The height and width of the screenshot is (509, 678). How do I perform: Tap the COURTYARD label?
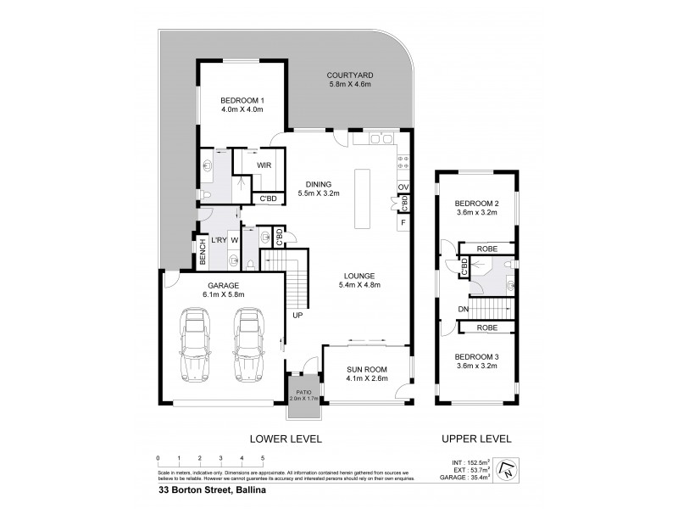350,81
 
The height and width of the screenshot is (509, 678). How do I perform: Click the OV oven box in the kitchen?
403,186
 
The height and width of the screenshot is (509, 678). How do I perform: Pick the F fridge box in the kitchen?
403,222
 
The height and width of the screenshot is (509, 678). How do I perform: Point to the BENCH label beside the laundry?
203,251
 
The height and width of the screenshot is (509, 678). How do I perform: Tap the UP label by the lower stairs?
297,316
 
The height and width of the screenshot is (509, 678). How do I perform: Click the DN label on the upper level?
462,310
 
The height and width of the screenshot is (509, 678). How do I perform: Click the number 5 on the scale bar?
263,458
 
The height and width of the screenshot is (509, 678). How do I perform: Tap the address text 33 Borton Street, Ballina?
203,489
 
